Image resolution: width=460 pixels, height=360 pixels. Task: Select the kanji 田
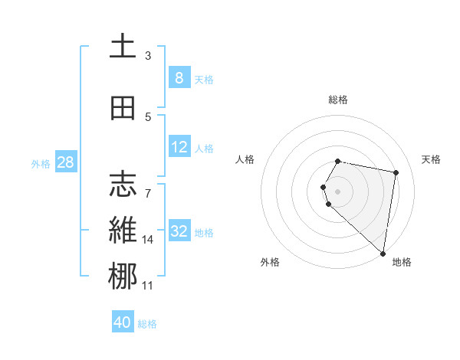(x=122, y=108)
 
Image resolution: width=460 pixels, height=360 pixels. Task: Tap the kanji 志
(x=122, y=185)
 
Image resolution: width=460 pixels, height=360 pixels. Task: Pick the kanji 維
(x=122, y=230)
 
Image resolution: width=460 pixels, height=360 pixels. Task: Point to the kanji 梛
(x=122, y=276)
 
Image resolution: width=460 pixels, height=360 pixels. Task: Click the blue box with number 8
(x=179, y=77)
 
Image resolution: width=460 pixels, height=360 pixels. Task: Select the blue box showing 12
(x=179, y=147)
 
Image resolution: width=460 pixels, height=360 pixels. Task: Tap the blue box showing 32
(x=179, y=231)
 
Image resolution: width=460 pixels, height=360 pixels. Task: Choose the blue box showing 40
(x=123, y=322)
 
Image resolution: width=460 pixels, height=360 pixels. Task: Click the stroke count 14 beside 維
(x=148, y=240)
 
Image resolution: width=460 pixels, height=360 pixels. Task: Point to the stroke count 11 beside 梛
(x=148, y=286)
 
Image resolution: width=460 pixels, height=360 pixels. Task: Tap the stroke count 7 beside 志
(x=148, y=186)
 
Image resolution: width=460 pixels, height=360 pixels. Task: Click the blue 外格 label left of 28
(x=40, y=163)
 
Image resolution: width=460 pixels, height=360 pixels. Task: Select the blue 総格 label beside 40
(x=147, y=324)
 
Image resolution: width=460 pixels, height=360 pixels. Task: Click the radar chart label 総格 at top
(x=338, y=100)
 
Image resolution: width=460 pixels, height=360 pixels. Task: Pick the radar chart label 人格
(x=245, y=159)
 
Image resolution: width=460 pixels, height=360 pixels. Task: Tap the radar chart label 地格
(x=402, y=262)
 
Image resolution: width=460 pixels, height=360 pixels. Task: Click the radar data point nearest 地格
(x=383, y=254)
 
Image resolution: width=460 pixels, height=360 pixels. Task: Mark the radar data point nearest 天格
(x=396, y=173)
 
